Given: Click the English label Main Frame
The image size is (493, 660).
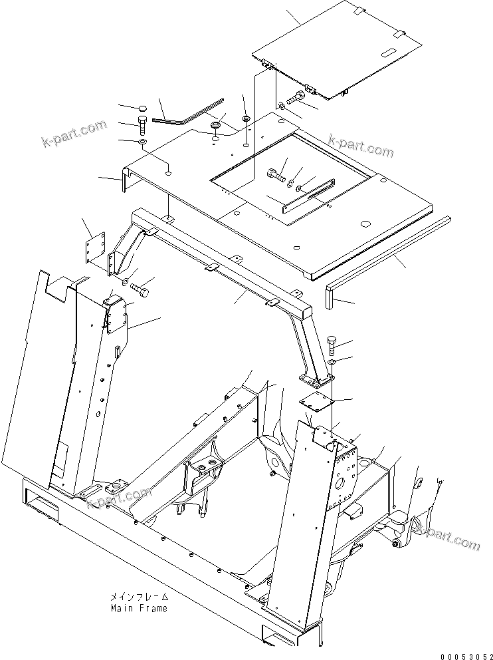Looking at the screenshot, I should (x=139, y=608).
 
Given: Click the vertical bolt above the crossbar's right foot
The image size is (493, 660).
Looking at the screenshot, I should (x=333, y=345).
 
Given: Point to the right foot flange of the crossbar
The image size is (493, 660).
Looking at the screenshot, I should (x=314, y=380).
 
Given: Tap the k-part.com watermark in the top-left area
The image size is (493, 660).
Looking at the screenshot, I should (x=72, y=134).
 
